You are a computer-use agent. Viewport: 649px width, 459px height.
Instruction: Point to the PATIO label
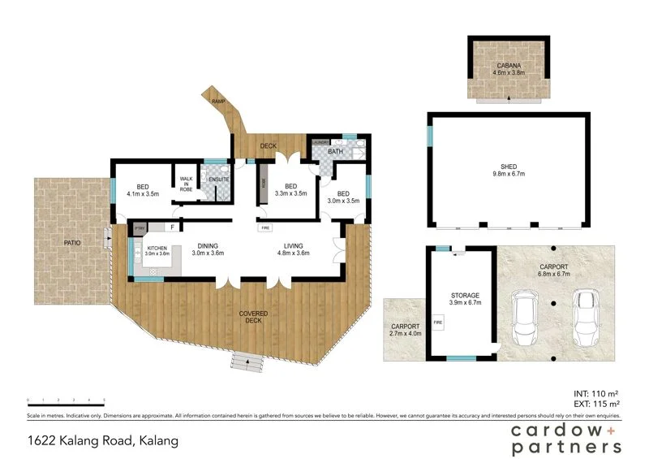(73, 241)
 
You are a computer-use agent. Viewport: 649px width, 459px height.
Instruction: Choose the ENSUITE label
(219, 179)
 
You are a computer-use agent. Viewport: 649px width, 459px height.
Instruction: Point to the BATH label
(335, 151)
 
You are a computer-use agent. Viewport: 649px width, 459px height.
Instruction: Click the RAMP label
(217, 101)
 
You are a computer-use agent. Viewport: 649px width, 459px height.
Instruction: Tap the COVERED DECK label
(253, 317)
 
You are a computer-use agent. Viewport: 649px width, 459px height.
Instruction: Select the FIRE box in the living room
(265, 228)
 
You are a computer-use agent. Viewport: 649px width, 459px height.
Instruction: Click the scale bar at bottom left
(69, 401)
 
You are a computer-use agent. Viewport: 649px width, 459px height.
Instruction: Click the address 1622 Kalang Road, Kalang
(102, 442)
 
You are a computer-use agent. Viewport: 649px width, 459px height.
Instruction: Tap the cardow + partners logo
(566, 438)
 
